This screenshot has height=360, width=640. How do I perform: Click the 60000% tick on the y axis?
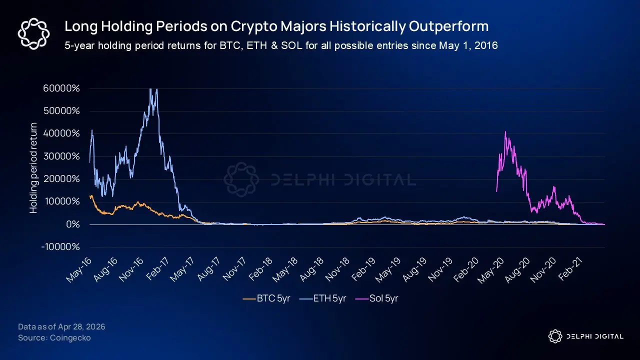tap(61, 88)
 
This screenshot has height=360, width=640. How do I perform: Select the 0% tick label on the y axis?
tap(72, 224)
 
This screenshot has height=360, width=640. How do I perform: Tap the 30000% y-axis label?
tap(61, 156)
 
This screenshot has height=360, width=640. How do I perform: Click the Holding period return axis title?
tap(34, 167)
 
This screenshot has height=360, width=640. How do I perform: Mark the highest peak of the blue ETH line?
tap(151, 89)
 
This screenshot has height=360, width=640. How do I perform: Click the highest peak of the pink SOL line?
tap(505, 132)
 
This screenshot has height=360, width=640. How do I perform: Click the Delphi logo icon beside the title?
tap(32, 33)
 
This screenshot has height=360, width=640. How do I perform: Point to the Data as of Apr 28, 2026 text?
tap(61, 327)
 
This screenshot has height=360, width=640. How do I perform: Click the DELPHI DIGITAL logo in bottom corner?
tap(585, 336)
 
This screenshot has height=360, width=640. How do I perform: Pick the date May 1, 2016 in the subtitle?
tap(468, 45)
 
